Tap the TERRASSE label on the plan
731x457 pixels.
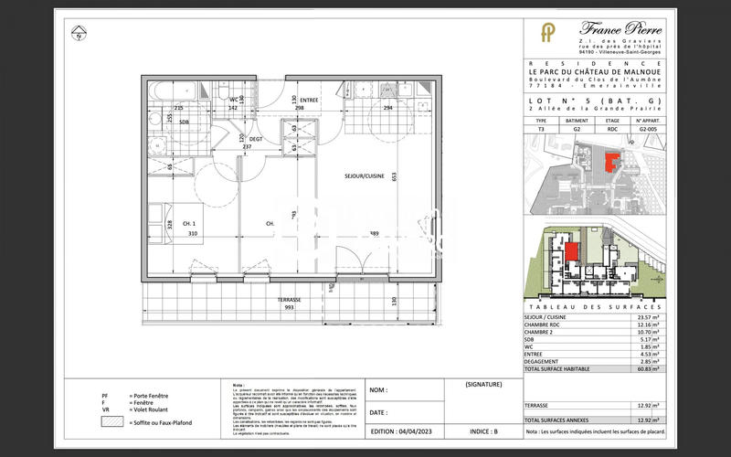(290, 300)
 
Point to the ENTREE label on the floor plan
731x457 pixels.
(309, 100)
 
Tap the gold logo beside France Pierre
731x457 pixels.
(547, 35)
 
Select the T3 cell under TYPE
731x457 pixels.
(541, 130)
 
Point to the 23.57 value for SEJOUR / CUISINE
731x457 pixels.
(650, 316)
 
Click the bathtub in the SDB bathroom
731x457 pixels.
(174, 91)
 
